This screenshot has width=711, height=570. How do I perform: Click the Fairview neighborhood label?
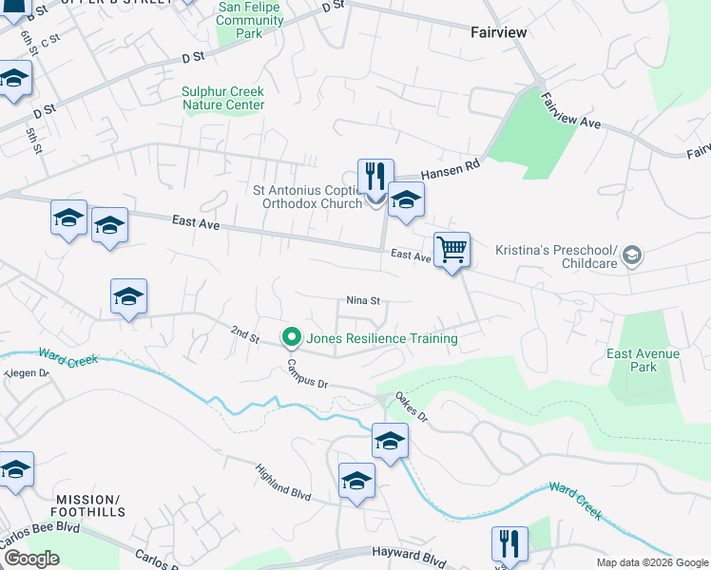498,31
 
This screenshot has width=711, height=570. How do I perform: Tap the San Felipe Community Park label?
251,20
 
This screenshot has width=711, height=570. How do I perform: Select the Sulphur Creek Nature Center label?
222,98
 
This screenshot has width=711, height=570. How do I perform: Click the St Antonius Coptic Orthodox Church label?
307,196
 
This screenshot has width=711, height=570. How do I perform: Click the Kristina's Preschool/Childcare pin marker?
632,256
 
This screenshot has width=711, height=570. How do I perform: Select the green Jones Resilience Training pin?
291,337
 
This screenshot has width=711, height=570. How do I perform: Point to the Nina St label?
363,300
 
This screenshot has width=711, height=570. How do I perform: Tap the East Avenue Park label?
644,360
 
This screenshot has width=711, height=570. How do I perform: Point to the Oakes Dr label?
412,407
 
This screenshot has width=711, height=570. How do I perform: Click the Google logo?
30,559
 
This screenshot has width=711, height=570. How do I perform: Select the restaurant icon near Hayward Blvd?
509,544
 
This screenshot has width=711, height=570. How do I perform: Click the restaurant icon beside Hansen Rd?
375,177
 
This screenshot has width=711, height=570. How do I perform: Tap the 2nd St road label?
245,333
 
